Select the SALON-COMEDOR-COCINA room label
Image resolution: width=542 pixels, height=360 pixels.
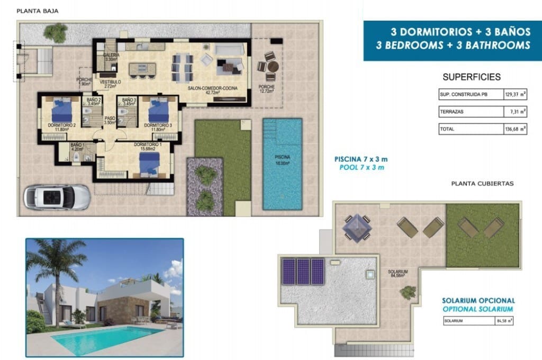212,87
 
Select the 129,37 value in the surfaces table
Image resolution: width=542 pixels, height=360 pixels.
512,94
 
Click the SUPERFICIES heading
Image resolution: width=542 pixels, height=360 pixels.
471,77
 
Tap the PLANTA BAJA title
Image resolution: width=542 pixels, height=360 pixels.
37,11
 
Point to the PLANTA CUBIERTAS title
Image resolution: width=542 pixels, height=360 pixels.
482,184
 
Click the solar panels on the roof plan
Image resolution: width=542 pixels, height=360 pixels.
303,271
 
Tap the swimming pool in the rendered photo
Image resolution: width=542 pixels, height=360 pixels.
106,339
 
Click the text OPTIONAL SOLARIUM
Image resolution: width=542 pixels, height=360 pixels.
478,309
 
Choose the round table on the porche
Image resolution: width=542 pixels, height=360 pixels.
272,67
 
